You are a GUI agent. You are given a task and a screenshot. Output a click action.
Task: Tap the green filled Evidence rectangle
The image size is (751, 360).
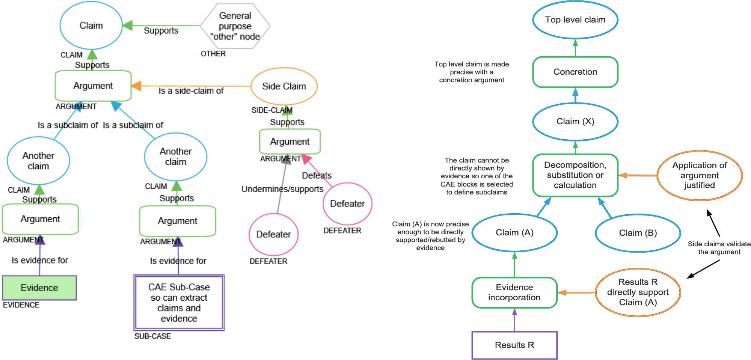[x=39, y=288]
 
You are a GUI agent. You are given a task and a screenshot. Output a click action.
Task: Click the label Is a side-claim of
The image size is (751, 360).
[x=191, y=91]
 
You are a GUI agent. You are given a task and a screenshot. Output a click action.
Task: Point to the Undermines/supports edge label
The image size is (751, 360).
[x=282, y=189]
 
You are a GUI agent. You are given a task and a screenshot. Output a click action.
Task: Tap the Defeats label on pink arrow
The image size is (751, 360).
[x=317, y=175]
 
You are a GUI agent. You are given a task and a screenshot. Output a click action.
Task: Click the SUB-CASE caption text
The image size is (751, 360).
[x=152, y=336]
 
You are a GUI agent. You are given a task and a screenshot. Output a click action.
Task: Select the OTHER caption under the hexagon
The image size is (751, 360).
[x=213, y=54]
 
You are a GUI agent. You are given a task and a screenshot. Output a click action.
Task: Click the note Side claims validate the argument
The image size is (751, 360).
[x=719, y=248]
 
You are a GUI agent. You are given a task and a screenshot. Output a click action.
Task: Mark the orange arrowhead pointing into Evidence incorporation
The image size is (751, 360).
[x=562, y=292]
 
